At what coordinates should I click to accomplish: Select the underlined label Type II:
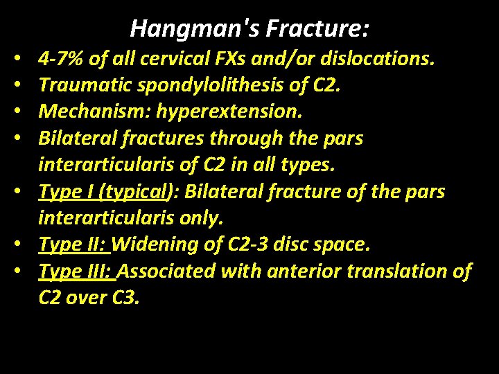pos(74,245)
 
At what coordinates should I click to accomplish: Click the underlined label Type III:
pos(77,271)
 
